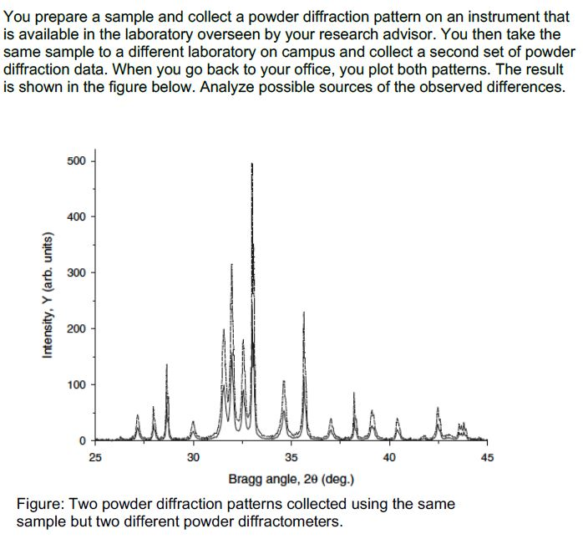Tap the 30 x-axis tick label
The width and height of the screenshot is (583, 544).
[193, 457]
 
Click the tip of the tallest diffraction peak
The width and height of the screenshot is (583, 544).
[251, 164]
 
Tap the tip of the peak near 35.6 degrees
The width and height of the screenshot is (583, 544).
[304, 313]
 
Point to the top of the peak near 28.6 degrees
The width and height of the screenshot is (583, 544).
[166, 365]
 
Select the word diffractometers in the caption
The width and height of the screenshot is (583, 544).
[286, 521]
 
